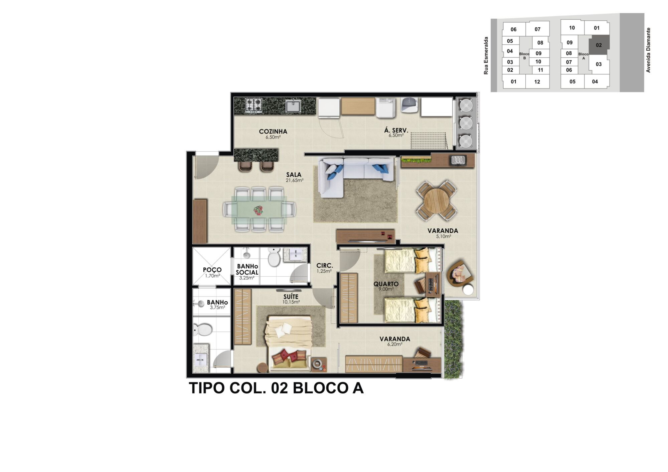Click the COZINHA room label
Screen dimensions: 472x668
pyautogui.click(x=273, y=132)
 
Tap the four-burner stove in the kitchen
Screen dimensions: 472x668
pyautogui.click(x=254, y=105)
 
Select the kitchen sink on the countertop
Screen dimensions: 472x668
pyautogui.click(x=293, y=106)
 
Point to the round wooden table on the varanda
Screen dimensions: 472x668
pyautogui.click(x=436, y=200)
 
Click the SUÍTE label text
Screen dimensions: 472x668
pyautogui.click(x=291, y=297)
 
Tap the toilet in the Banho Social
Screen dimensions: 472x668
pyautogui.click(x=274, y=257)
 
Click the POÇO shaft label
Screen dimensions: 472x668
pyautogui.click(x=212, y=270)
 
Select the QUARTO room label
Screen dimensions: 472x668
pyautogui.click(x=386, y=284)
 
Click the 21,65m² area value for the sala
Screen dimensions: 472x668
pyautogui.click(x=294, y=181)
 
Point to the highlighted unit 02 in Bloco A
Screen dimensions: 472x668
pyautogui.click(x=599, y=45)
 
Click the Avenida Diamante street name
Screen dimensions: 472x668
pyautogui.click(x=648, y=50)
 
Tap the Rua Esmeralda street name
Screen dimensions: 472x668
pyautogui.click(x=486, y=55)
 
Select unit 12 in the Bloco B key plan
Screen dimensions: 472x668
pyautogui.click(x=537, y=82)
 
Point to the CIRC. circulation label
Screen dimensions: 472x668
pyautogui.click(x=325, y=266)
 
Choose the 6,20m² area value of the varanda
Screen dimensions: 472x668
pyautogui.click(x=394, y=344)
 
